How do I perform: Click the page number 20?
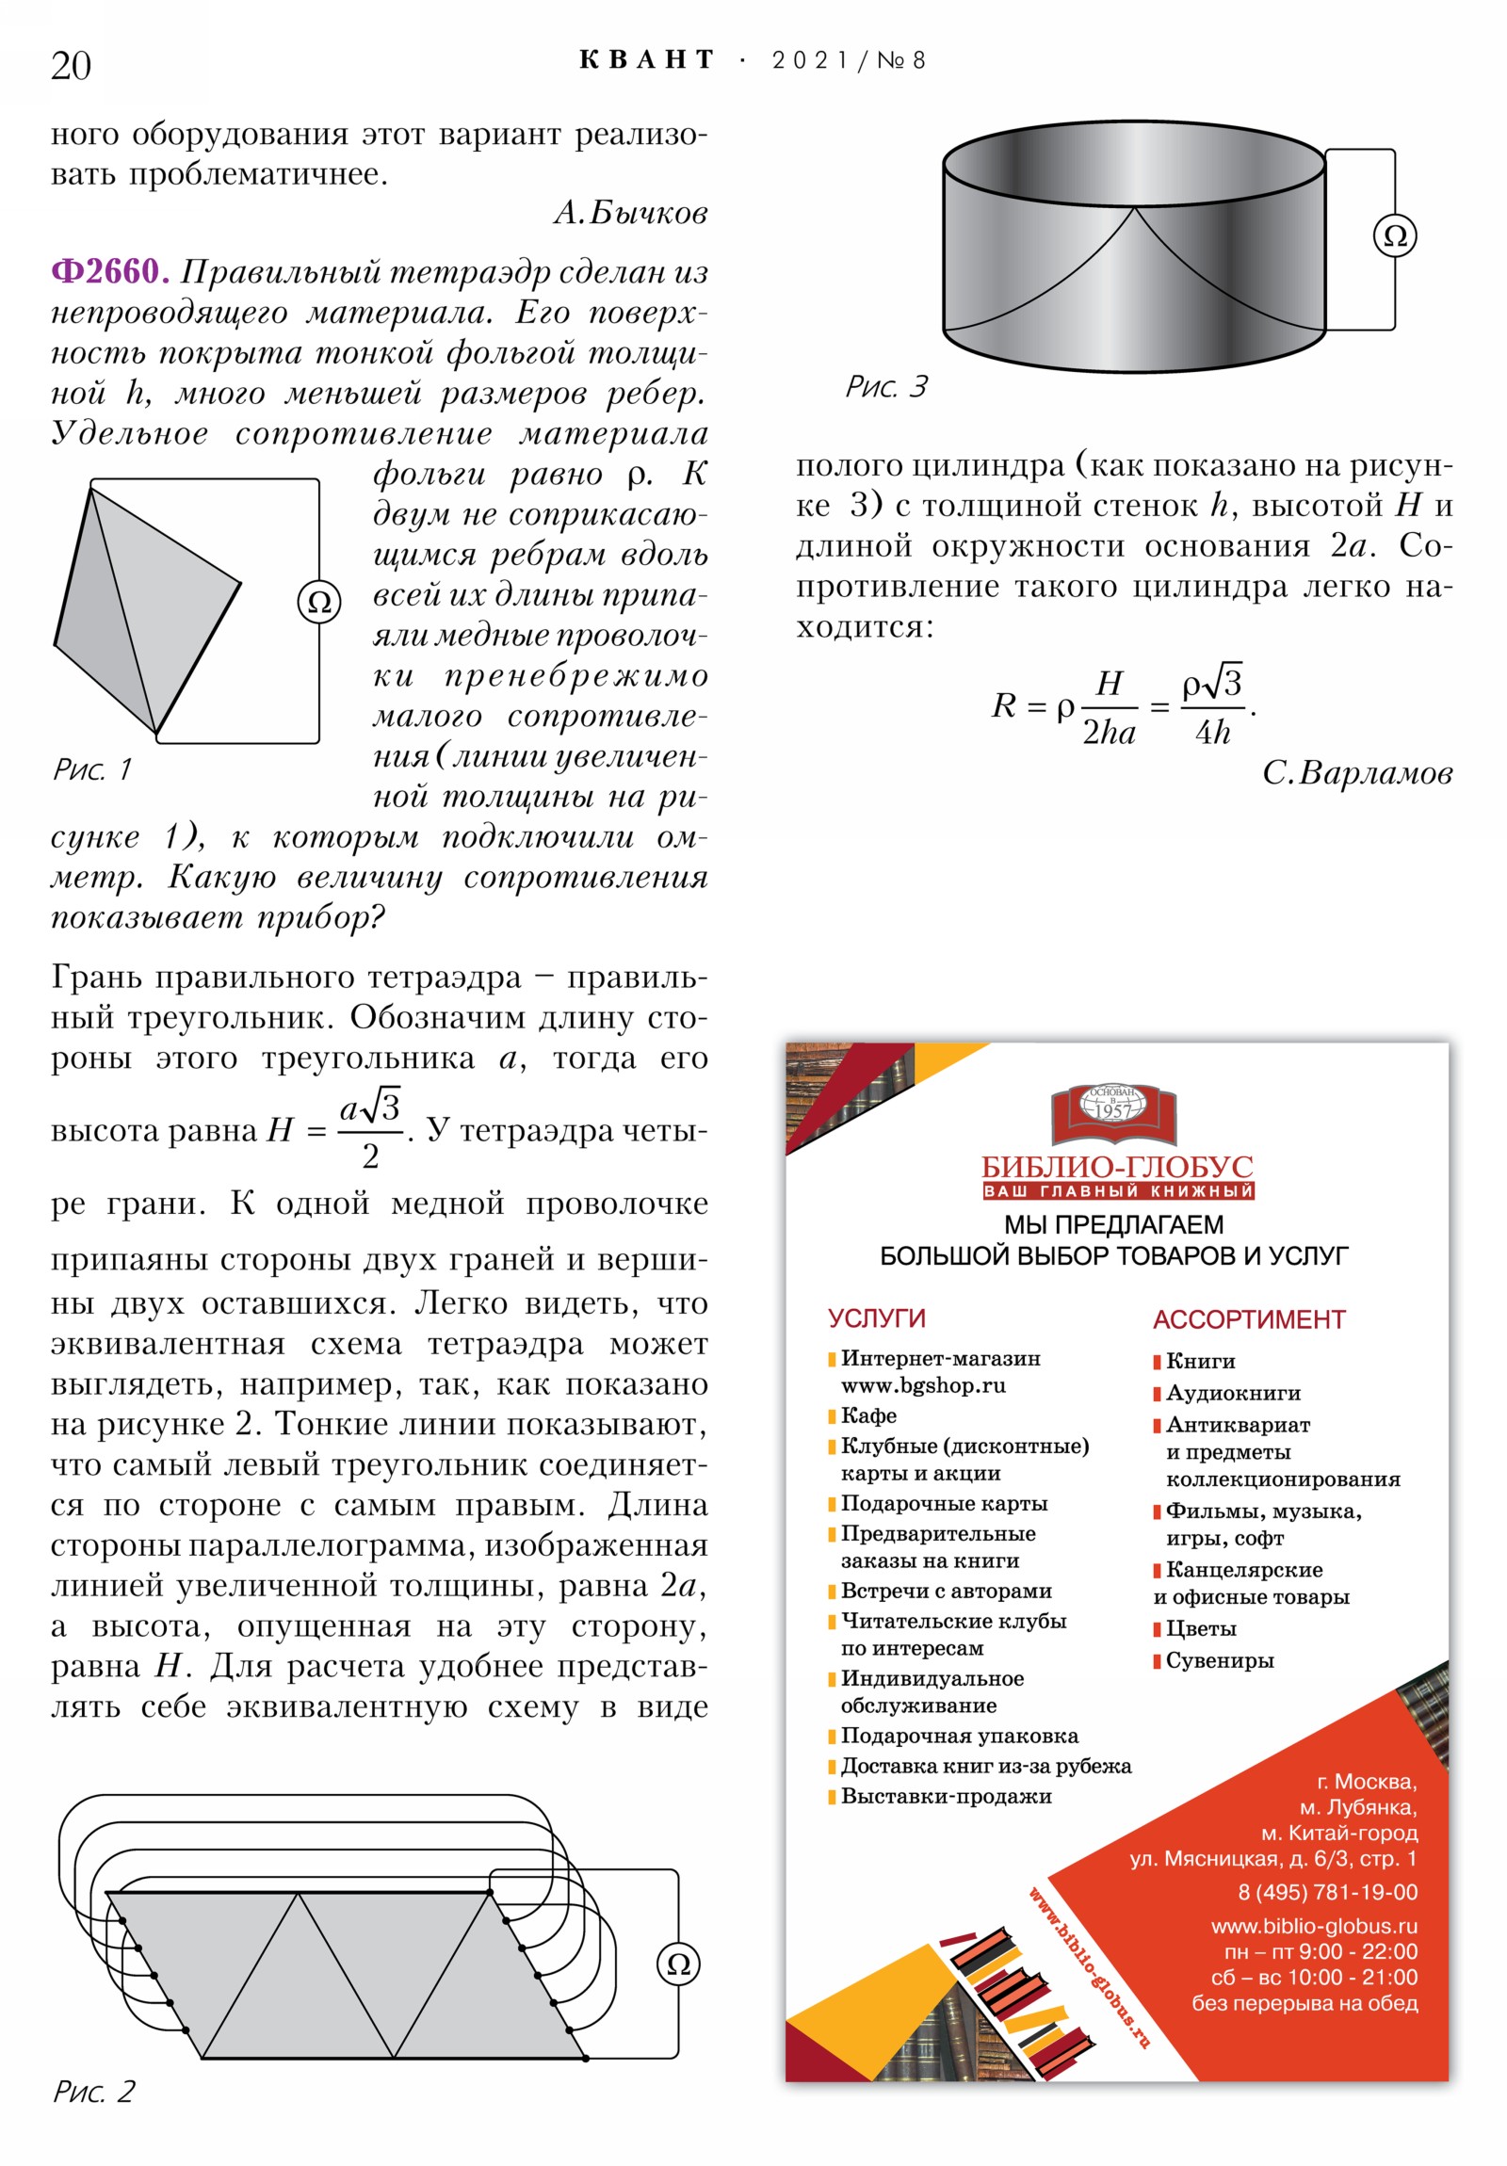[x=71, y=66]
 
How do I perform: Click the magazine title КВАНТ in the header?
[x=646, y=60]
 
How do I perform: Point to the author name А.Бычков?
[x=629, y=213]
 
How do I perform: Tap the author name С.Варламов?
[x=1356, y=773]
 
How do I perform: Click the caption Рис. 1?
[x=92, y=769]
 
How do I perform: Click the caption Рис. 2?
[x=93, y=2092]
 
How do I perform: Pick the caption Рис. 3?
[x=886, y=387]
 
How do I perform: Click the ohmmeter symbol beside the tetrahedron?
[x=319, y=602]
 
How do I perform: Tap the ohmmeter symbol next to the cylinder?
[x=1394, y=235]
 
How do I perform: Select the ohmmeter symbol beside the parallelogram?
[x=677, y=1964]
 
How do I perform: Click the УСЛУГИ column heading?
[x=876, y=1317]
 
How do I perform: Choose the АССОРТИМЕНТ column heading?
[x=1248, y=1319]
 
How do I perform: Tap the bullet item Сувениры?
[x=1219, y=1660]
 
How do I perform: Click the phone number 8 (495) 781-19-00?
[x=1327, y=1892]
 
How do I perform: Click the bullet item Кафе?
[x=868, y=1416]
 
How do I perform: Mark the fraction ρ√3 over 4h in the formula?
[x=1212, y=705]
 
